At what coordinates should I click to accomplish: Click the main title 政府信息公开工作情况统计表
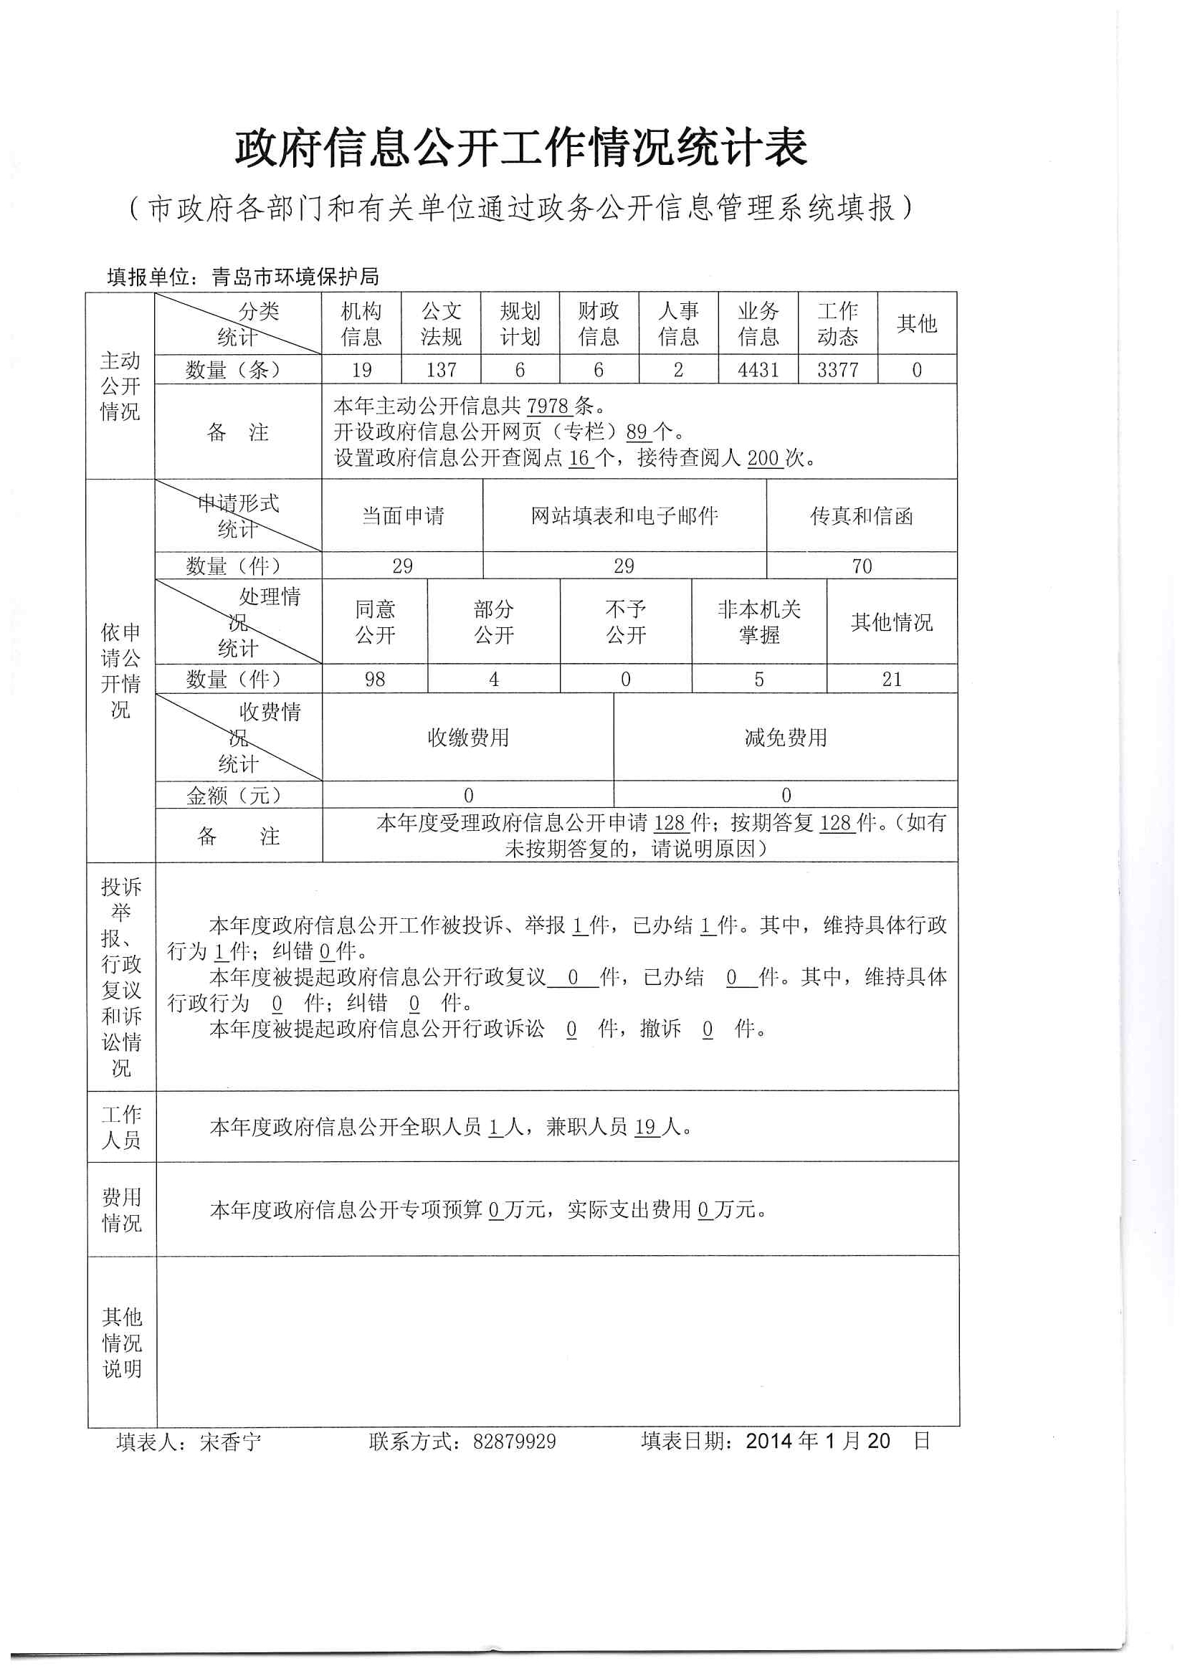[x=520, y=148]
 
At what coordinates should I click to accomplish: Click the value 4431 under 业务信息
[x=758, y=370]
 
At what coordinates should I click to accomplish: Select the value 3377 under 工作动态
[x=837, y=370]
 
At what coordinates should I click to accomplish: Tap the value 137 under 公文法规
[x=441, y=370]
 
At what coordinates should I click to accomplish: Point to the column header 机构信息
[x=361, y=324]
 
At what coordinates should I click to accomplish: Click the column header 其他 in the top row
[x=916, y=323]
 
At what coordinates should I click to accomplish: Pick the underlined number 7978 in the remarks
[x=547, y=406]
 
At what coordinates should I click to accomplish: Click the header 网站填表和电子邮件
[x=624, y=516]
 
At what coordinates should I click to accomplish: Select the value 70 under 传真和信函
[x=862, y=566]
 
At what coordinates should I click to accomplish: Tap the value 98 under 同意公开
[x=374, y=680]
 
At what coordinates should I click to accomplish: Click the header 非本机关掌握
[x=758, y=622]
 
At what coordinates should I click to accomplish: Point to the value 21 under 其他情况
[x=892, y=680]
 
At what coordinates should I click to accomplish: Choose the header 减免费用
[x=786, y=738]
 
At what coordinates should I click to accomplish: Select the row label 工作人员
[x=121, y=1127]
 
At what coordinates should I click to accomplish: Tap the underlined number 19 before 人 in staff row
[x=645, y=1128]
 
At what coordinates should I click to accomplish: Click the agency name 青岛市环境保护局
[x=295, y=277]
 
